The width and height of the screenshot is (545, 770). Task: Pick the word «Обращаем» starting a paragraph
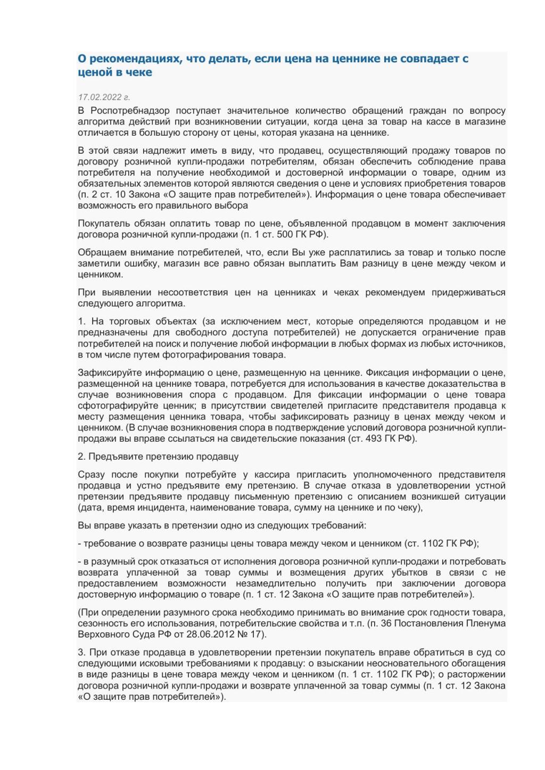98,252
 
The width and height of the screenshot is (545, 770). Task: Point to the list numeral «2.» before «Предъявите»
81,457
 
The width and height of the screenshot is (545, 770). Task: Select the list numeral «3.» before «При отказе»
81,652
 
